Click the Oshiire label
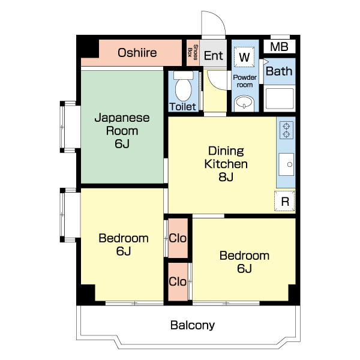point(137,53)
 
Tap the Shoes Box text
point(193,52)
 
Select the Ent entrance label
point(214,56)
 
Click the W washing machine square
point(244,57)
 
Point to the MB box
point(279,47)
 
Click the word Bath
point(279,71)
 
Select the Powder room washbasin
point(244,103)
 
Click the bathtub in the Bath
point(280,98)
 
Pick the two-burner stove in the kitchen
point(286,130)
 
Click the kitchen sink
point(286,164)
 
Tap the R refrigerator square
point(284,201)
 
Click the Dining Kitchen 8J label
point(226,164)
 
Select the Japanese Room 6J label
point(122,130)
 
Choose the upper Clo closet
point(178,238)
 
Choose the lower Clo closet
point(178,281)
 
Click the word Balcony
point(193,325)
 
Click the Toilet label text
point(182,107)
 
